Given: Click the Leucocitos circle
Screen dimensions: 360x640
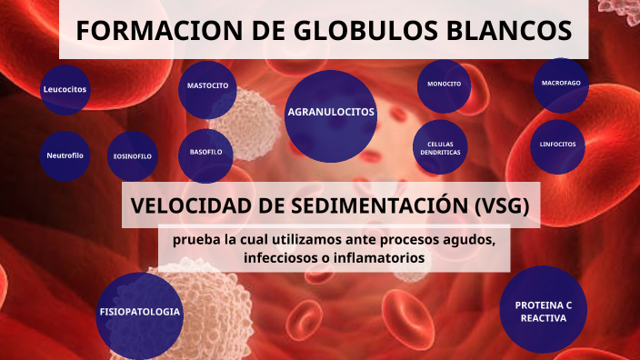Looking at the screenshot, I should pos(65,89).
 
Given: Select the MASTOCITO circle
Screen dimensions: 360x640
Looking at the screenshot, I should pos(207,86).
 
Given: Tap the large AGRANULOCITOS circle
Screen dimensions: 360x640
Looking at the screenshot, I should pos(331,113).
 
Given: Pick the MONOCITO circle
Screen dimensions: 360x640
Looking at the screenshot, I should pos(445,85).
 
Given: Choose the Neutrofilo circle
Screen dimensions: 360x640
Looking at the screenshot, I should pos(65,155).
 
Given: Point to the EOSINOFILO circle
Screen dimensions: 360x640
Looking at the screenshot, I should pos(133,156).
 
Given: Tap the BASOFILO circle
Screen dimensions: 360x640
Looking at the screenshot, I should pos(206,152).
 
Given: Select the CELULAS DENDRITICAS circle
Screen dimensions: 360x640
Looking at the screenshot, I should pos(440,148).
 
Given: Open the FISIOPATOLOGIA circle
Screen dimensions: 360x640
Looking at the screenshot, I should pos(140,312).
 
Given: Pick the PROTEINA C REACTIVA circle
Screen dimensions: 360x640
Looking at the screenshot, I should pos(544,310).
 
